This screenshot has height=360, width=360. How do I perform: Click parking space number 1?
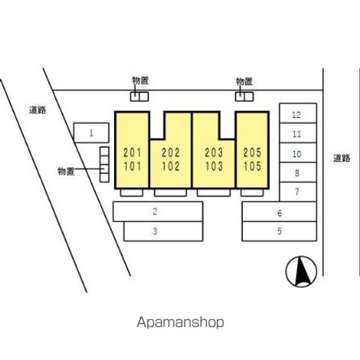(x=91, y=133)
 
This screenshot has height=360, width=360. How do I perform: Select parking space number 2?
(x=157, y=211)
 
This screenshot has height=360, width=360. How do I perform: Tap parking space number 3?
(x=163, y=231)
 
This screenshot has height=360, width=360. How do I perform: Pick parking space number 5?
(x=279, y=231)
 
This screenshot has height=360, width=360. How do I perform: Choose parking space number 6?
(x=279, y=211)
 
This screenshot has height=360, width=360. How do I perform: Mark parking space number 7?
(x=298, y=192)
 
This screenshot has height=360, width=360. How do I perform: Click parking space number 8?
(x=298, y=172)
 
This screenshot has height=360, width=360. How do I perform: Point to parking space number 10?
(x=298, y=153)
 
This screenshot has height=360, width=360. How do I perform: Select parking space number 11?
(x=298, y=133)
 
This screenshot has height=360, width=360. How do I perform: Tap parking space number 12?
(x=298, y=113)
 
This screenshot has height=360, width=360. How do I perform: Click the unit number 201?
(x=133, y=153)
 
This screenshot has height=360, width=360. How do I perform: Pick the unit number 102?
(x=171, y=166)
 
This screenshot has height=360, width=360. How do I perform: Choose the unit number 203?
(x=214, y=153)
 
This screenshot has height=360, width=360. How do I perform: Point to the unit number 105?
(x=252, y=166)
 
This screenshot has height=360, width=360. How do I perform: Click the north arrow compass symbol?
(x=301, y=271)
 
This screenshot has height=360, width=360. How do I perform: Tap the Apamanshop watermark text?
(x=180, y=322)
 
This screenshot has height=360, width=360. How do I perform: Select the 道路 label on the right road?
(x=341, y=158)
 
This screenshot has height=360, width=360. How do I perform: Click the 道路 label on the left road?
(x=37, y=110)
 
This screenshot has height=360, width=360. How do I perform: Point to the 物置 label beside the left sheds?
(x=66, y=171)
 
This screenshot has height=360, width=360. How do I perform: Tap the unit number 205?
(x=252, y=153)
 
